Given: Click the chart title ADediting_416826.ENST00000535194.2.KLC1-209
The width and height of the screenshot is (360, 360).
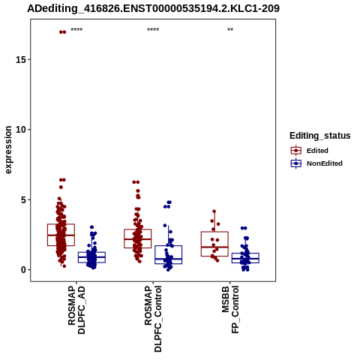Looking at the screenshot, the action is click(x=153, y=8).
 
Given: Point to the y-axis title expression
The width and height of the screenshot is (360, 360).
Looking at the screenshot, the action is click(x=8, y=150).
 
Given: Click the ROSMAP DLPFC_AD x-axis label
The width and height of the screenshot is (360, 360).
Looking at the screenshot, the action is click(x=76, y=310).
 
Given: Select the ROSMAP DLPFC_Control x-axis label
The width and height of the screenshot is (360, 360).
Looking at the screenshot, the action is click(x=153, y=319).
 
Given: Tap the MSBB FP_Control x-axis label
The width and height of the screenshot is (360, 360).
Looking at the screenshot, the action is click(x=230, y=310).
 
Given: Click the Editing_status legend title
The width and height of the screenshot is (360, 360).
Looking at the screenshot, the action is click(x=319, y=136).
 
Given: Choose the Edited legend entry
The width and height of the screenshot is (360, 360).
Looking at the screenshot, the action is click(x=317, y=151).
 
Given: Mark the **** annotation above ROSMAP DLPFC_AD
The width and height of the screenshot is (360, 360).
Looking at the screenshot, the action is click(x=76, y=30).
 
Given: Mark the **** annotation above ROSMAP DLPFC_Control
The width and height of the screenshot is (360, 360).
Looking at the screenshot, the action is click(x=153, y=30).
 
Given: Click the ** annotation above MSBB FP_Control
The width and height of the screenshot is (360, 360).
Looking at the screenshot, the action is click(x=230, y=30).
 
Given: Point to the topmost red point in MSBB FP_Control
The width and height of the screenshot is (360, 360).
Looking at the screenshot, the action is click(x=214, y=211).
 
